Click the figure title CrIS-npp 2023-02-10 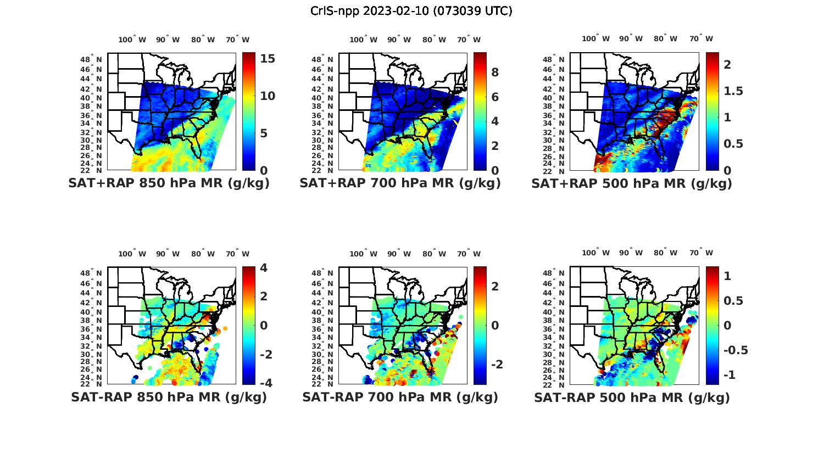point(411,11)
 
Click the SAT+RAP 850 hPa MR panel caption point(169,183)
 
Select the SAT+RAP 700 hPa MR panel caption point(400,183)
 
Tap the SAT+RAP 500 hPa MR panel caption point(632,183)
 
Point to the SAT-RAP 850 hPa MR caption point(169,397)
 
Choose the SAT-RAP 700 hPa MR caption point(400,397)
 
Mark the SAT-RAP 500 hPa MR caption point(632,397)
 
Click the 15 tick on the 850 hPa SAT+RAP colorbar point(268,59)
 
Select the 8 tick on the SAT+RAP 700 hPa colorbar point(494,72)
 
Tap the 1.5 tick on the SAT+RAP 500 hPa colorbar point(733,91)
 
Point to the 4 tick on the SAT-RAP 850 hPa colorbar point(264,268)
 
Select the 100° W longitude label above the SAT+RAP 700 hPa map point(363,40)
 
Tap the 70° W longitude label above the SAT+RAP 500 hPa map point(701,38)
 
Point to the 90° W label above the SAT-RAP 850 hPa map point(168,254)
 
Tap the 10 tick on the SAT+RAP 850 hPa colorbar point(268,96)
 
